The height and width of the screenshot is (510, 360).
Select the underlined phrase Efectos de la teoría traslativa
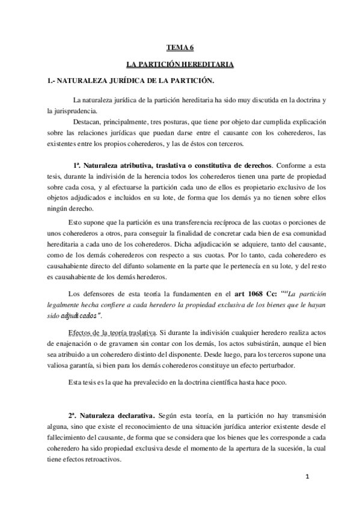(113, 315)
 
